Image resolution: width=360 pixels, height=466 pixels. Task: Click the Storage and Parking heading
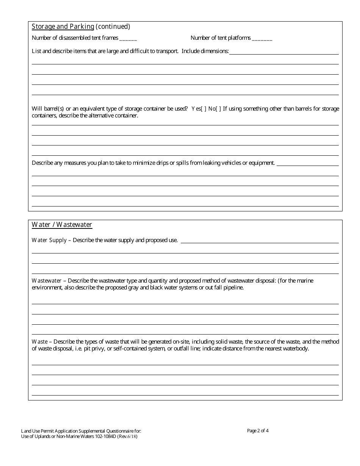[x=63, y=27]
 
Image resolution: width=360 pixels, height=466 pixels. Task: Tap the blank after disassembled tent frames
[x=128, y=38]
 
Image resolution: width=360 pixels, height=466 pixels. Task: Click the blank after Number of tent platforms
[x=262, y=38]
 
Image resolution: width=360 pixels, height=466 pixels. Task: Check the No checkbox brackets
[x=218, y=109]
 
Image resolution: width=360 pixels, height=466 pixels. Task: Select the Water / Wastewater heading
[x=62, y=225]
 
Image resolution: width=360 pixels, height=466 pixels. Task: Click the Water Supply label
[x=49, y=240]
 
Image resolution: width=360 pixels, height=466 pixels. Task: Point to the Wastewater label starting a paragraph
[x=47, y=281]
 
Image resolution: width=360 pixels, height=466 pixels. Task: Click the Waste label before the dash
[x=39, y=342]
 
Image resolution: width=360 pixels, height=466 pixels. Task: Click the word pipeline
[x=233, y=288]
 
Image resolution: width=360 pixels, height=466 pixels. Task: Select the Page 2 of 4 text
[x=258, y=430]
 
